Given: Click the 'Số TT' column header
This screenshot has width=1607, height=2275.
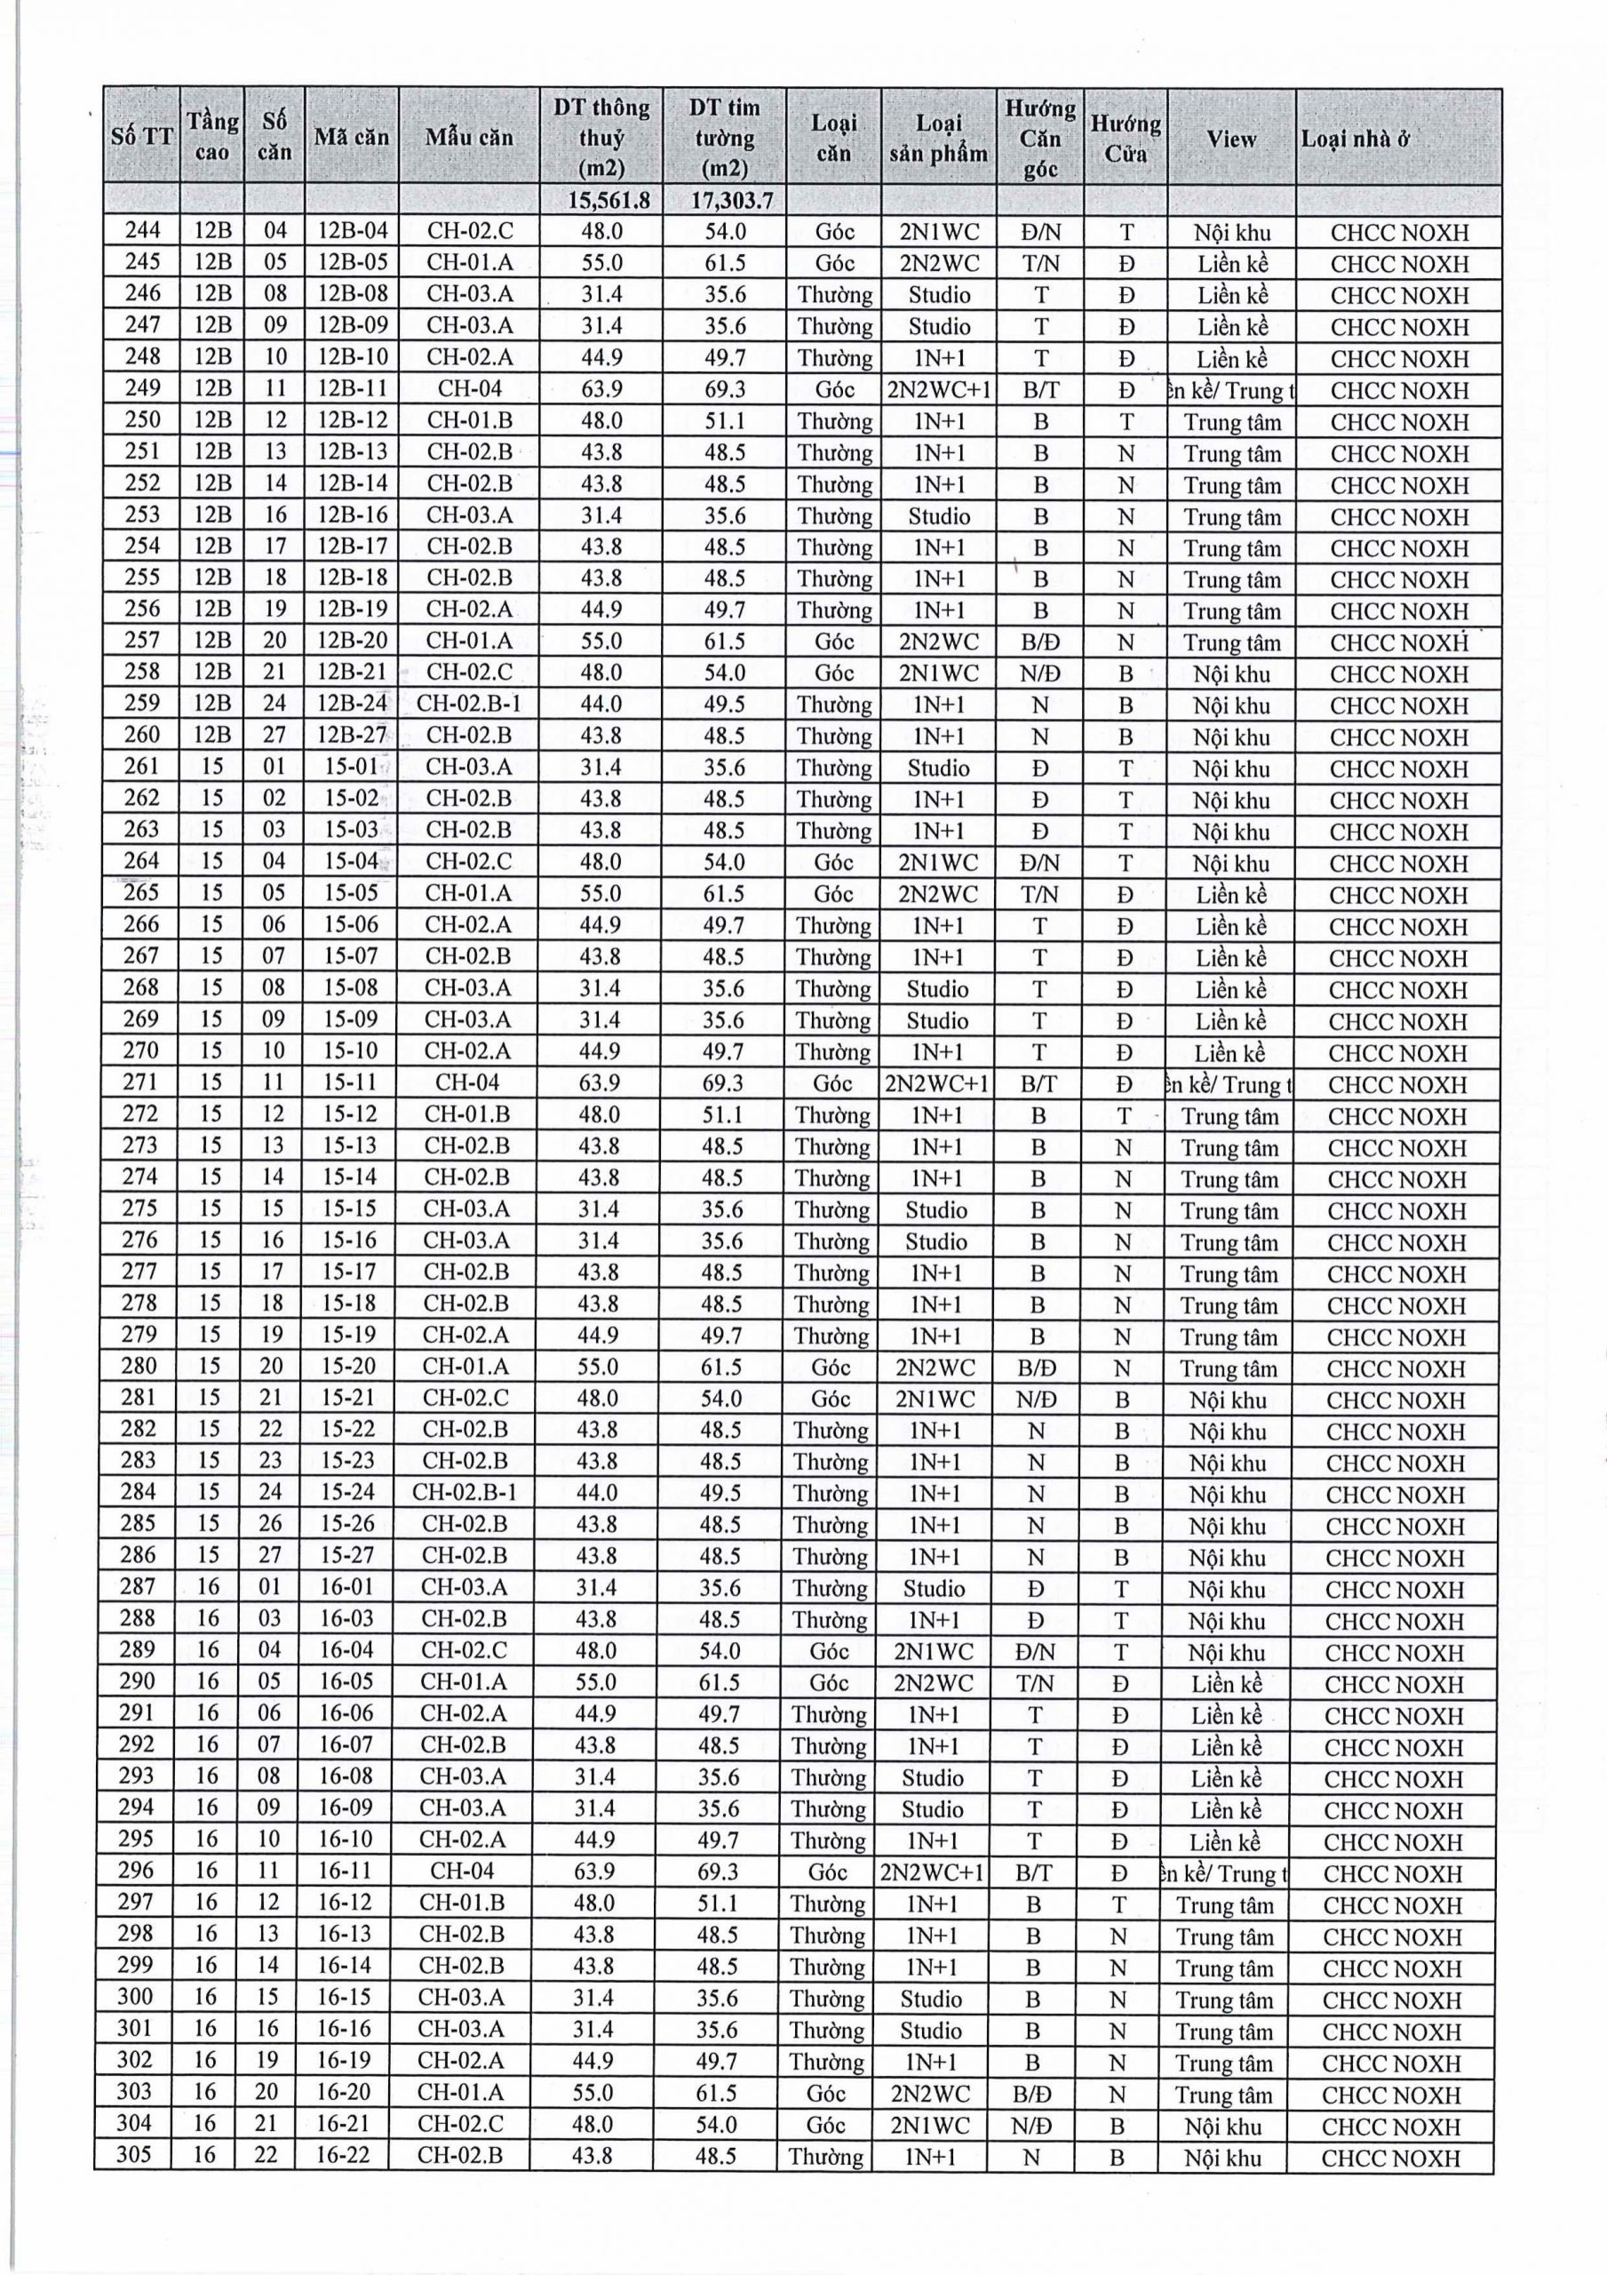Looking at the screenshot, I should (141, 137).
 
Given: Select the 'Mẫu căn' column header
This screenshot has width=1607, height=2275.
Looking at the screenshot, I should (469, 137).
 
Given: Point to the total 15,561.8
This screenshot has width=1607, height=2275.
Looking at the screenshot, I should (609, 200).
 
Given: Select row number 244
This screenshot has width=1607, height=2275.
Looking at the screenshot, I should (143, 231).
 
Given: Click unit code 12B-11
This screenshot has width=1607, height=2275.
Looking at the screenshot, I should (353, 388).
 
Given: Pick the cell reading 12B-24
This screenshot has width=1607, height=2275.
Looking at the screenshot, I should (353, 704).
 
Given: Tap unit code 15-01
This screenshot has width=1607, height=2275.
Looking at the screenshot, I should (352, 767).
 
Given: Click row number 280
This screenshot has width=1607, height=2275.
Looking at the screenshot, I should (139, 1367).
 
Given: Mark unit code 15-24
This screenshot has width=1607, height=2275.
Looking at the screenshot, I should (349, 1492).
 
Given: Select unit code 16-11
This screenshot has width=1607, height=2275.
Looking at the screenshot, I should (346, 1872).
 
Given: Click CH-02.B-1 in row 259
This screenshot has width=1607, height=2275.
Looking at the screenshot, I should (469, 704).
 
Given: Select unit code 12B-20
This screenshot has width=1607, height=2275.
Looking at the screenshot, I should (353, 641).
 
